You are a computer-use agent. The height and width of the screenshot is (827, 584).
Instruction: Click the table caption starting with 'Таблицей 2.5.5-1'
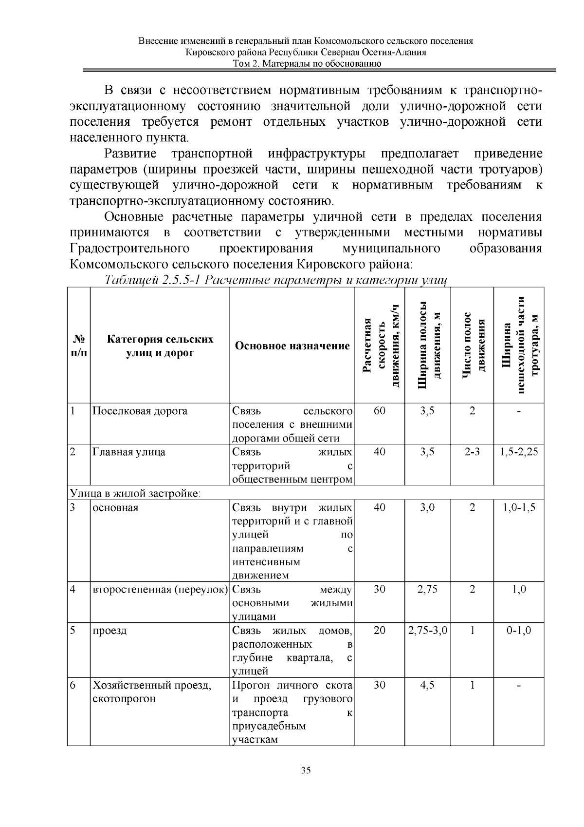[x=275, y=281]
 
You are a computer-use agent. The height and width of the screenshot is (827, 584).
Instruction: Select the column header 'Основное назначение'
[x=292, y=346]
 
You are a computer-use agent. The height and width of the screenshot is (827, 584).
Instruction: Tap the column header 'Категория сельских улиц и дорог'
[x=160, y=346]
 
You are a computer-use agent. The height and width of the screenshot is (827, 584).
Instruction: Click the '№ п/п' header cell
[x=78, y=346]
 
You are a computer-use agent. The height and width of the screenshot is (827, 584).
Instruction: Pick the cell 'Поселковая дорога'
[x=140, y=411]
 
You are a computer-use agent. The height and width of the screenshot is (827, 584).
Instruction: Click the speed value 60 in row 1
[x=379, y=411]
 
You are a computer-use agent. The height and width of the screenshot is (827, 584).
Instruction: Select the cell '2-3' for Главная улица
[x=472, y=452]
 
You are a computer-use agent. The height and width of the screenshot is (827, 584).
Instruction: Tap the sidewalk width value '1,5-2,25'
[x=519, y=452]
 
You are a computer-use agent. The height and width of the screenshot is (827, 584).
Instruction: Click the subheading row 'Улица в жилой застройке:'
[x=136, y=493]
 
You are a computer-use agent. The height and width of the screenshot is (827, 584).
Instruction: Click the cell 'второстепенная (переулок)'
[x=160, y=590]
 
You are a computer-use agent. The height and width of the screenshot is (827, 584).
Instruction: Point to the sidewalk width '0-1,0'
[x=519, y=631]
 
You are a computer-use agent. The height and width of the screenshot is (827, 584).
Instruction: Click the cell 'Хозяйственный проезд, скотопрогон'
[x=152, y=692]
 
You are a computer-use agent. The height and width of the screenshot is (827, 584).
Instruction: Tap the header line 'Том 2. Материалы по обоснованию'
[x=306, y=64]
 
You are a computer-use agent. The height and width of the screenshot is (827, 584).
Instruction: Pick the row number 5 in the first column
[x=72, y=631]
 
